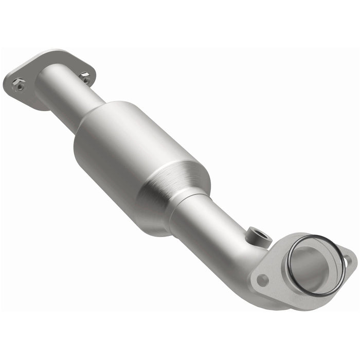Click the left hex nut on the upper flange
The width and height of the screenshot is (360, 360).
click(19, 84)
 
